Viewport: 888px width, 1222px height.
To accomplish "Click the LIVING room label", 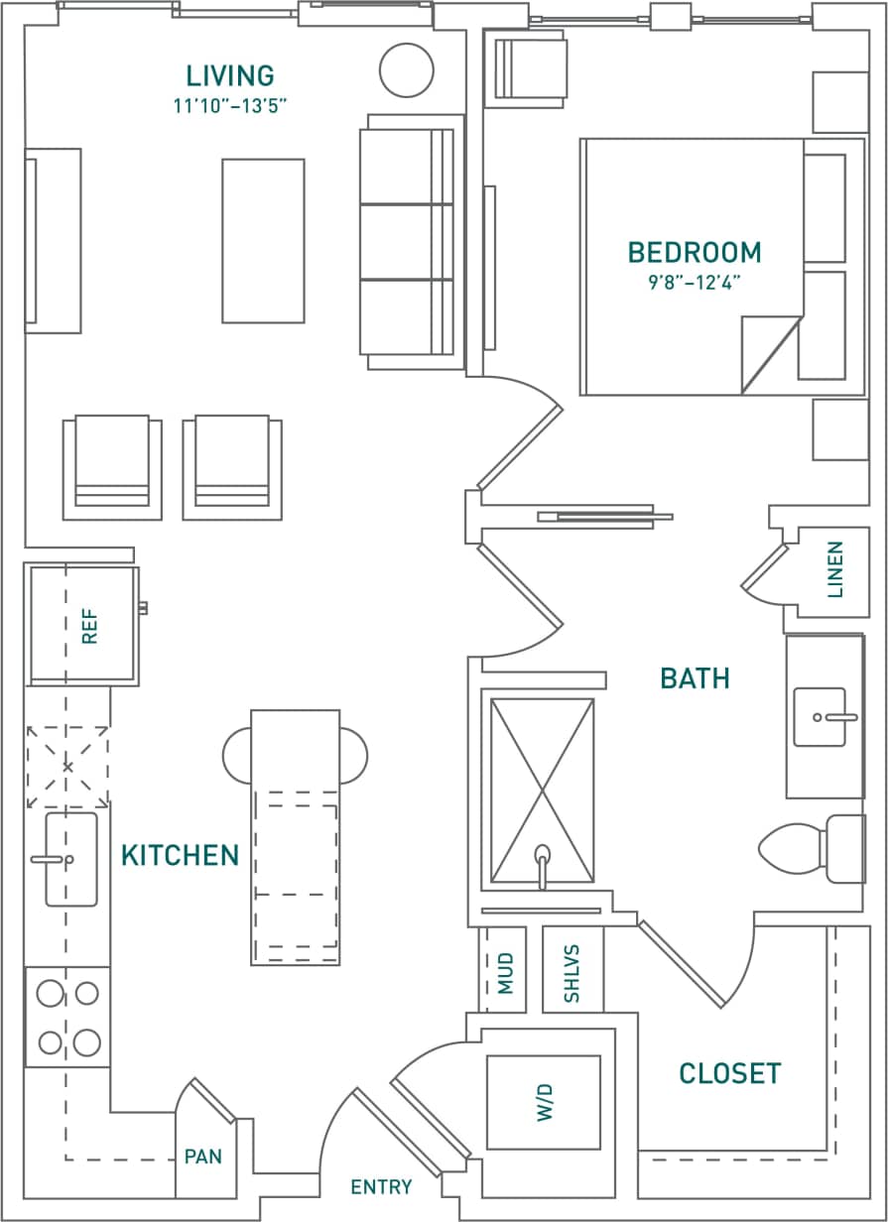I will [230, 75].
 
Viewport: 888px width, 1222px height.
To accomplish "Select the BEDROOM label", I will [695, 252].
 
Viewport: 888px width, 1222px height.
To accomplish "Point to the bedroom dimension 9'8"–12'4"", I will [695, 282].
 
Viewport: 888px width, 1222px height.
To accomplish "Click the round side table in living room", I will [407, 70].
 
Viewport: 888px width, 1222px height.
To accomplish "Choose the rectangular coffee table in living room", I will [263, 241].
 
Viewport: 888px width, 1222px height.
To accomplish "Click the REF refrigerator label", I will [90, 627].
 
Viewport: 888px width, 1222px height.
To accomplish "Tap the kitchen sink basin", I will [71, 859].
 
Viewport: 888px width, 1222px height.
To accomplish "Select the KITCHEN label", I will [180, 855].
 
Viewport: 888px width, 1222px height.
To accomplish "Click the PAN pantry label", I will [202, 1157].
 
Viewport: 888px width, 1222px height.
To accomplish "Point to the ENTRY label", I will [381, 1187].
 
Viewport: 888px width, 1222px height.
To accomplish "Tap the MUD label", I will [506, 973].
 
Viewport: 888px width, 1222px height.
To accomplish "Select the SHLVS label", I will [571, 973].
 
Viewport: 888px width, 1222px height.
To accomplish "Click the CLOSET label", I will [729, 1073].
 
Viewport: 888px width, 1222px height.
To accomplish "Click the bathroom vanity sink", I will [821, 716].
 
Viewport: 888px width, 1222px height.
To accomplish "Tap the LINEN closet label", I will [834, 569].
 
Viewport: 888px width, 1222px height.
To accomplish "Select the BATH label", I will [695, 678].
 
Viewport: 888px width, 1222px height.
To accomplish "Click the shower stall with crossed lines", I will [542, 791].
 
